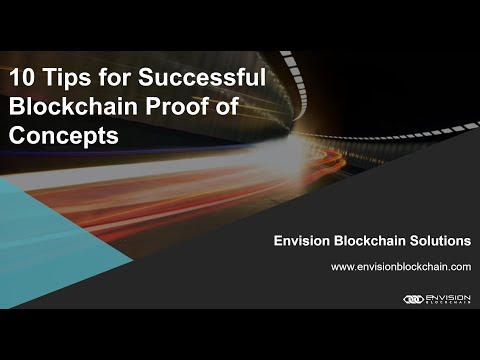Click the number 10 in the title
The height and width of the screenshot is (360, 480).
(22, 76)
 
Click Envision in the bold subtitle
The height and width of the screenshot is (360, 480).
(304, 241)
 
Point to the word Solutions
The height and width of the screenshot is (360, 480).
(440, 241)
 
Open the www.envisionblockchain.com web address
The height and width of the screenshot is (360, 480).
(400, 268)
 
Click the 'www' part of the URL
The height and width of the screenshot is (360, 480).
(341, 268)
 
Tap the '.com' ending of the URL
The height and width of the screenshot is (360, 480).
(459, 268)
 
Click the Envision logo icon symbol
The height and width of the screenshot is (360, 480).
(413, 298)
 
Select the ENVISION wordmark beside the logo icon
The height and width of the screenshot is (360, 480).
(448, 296)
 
